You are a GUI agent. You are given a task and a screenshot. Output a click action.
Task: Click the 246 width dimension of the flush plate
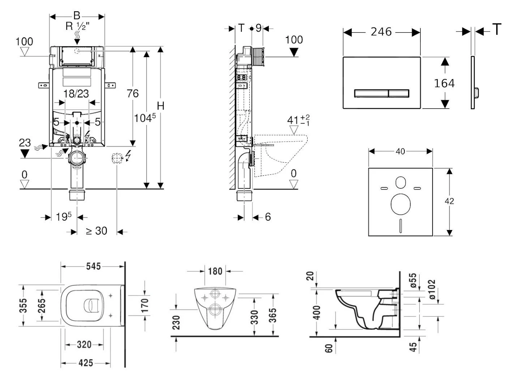tap(381, 32)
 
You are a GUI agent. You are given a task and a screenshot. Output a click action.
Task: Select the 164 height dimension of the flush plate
tap(444, 84)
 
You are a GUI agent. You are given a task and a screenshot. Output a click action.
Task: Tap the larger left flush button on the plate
tap(371, 93)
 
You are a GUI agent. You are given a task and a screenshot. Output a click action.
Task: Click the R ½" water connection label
tap(77, 26)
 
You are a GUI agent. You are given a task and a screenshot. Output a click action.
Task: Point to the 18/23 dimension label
tap(76, 94)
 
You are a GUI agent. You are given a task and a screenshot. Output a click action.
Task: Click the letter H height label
tap(160, 106)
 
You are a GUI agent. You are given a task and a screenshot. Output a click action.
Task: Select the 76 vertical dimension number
tap(132, 94)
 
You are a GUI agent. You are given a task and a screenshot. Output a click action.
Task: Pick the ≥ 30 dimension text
tap(97, 231)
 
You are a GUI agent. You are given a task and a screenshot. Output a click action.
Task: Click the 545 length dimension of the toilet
tap(93, 267)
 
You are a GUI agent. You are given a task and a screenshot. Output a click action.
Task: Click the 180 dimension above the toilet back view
tap(215, 271)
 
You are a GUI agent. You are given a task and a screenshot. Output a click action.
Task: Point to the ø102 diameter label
tap(432, 289)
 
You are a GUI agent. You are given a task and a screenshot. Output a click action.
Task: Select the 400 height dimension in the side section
tap(317, 313)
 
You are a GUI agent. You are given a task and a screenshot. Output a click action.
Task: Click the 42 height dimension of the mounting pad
tap(449, 201)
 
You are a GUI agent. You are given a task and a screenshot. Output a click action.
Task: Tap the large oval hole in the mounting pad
tap(400, 204)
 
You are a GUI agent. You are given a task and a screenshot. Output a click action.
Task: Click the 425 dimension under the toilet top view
tap(85, 363)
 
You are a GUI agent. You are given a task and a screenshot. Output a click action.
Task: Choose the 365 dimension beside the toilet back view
tap(273, 315)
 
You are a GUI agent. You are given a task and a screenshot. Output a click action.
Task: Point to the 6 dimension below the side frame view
tap(268, 217)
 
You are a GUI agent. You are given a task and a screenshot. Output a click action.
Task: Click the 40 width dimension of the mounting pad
tap(400, 152)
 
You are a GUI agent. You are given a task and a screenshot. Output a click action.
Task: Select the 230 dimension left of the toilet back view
tap(176, 323)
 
